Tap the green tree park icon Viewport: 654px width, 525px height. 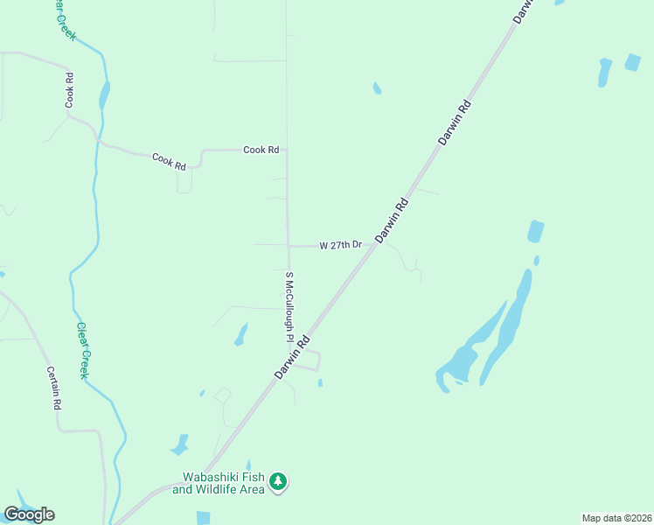point(278,482)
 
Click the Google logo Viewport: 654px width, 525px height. point(29,514)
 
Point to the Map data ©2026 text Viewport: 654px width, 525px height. point(616,518)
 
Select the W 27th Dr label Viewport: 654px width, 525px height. point(341,246)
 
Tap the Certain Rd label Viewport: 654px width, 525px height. point(53,388)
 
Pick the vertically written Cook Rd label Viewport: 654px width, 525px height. point(68,90)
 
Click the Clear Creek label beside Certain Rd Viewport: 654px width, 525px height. point(83,350)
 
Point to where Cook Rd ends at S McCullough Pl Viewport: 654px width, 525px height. point(287,150)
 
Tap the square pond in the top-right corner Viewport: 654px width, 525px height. point(632,62)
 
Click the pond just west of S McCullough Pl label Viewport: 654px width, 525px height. point(240,334)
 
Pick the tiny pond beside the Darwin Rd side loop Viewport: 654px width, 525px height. point(320,382)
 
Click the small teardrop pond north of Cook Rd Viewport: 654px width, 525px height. point(377,87)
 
